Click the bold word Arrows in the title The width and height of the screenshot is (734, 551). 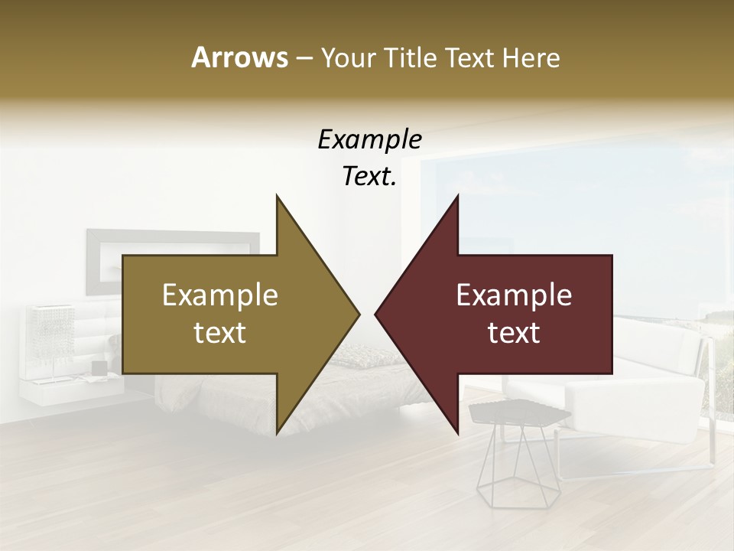(x=239, y=57)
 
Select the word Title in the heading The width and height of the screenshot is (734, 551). (x=409, y=57)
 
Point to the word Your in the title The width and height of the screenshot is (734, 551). (x=349, y=57)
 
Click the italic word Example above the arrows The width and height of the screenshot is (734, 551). (x=369, y=140)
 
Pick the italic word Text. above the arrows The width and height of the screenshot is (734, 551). (x=369, y=177)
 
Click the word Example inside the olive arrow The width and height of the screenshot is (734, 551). (x=219, y=295)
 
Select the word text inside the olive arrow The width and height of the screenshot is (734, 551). (x=219, y=333)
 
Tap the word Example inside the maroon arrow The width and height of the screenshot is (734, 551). (x=514, y=295)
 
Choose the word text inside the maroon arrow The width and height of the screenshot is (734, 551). (x=514, y=333)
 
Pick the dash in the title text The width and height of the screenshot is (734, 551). (x=304, y=59)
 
